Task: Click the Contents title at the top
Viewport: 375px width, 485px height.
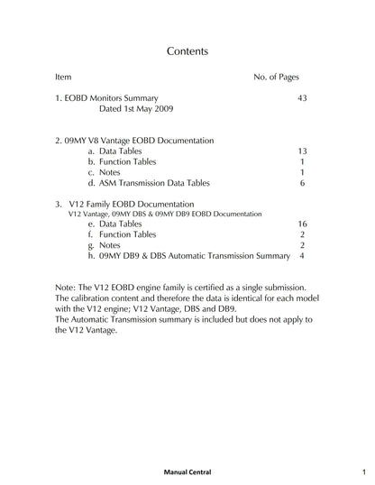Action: pos(187,51)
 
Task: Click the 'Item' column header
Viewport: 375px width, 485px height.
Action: pos(63,78)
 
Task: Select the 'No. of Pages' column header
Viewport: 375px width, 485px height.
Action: pos(277,78)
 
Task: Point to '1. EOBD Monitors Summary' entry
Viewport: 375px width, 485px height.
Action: pos(106,96)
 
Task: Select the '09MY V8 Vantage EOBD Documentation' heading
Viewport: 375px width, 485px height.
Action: pos(134,142)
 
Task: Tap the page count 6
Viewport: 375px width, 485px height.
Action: pos(302,183)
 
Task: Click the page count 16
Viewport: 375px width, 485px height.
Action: pos(302,224)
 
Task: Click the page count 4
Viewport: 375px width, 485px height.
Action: pos(302,256)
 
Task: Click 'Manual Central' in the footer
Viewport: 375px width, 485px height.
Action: pos(187,471)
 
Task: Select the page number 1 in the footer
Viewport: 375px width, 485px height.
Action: pos(361,471)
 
